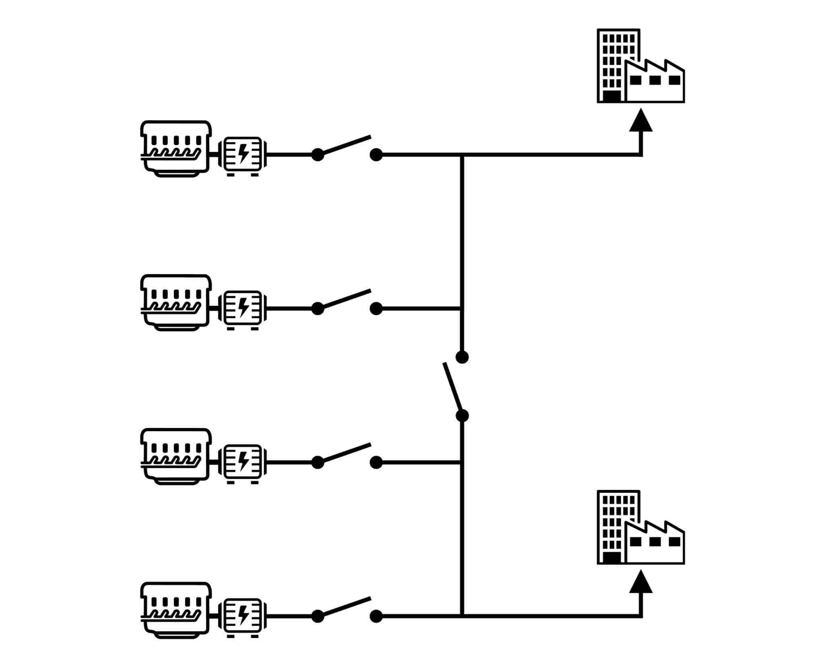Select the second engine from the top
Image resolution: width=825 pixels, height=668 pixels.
pos(176,302)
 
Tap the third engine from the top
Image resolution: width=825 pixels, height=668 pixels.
pos(176,456)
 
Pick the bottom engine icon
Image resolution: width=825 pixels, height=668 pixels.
pos(176,610)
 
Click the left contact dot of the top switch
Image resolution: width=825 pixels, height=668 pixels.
pos(318,155)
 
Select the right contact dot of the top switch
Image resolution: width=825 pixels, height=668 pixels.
pos(376,155)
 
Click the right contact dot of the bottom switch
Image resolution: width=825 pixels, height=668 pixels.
pos(376,616)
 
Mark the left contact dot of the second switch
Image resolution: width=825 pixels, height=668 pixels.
pos(318,308)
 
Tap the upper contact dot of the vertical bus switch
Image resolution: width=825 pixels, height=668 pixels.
pos(462,357)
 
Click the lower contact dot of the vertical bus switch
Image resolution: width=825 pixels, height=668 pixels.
pos(462,416)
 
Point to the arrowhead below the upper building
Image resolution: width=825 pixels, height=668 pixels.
pos(641,121)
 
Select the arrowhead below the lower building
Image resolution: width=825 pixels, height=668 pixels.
pos(641,582)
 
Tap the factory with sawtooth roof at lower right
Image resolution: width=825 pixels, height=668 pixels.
pos(655,544)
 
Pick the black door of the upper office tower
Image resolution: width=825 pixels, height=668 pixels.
pos(611,96)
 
